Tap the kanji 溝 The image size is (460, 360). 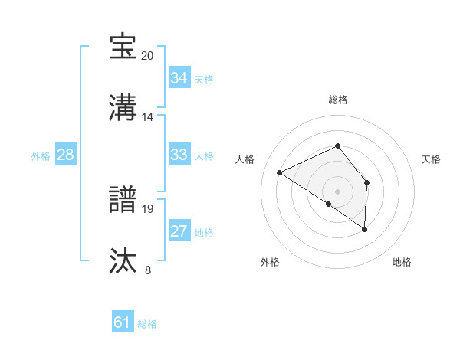[123, 108]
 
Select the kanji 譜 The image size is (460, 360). [123, 200]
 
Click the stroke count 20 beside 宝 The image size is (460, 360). [148, 55]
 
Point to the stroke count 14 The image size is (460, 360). [148, 116]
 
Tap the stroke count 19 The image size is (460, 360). [148, 208]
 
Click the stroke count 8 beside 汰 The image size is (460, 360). [148, 270]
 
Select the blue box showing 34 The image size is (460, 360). [179, 78]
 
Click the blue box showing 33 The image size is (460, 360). [179, 155]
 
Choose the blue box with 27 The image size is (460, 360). [179, 231]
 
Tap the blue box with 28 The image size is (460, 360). [65, 155]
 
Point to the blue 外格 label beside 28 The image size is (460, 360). [41, 156]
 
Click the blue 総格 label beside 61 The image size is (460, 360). [147, 324]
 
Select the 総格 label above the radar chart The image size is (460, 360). [337, 100]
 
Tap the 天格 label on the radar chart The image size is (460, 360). [432, 159]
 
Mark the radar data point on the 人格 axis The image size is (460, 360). [280, 173]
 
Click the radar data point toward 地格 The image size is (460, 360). [365, 229]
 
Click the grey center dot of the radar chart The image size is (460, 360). [337, 191]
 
